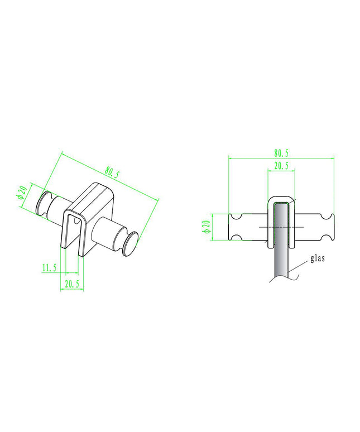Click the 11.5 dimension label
click(x=49, y=267)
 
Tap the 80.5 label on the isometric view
click(x=112, y=173)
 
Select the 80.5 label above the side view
click(x=281, y=153)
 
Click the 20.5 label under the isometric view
click(x=72, y=284)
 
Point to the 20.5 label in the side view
click(x=281, y=166)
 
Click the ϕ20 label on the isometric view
click(x=22, y=193)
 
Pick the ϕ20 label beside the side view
click(x=207, y=227)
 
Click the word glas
click(x=318, y=258)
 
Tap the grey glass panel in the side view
click(x=281, y=239)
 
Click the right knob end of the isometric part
click(x=131, y=241)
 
